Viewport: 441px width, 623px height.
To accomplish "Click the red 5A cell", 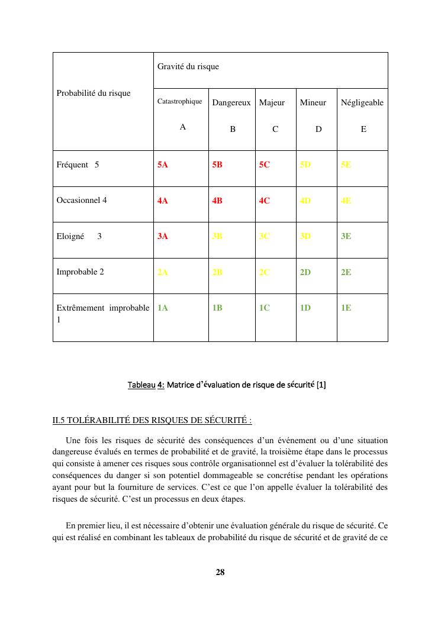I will [163, 165].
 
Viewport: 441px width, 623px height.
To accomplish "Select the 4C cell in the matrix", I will [264, 201].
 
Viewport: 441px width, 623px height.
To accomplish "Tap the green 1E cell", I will [346, 308].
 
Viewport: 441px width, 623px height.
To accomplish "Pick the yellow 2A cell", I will [163, 272].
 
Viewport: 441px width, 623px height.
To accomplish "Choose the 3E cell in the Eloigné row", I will [346, 236].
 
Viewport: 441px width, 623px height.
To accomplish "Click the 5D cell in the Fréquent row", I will [305, 165].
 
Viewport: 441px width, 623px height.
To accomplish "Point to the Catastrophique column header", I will [179, 102].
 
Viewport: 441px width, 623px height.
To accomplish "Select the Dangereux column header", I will [231, 103].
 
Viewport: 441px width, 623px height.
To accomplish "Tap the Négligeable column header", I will [362, 103].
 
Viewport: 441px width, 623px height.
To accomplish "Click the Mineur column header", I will [313, 103].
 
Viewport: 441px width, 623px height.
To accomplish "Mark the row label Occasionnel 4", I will [82, 200].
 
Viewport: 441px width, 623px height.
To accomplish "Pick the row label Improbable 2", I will [80, 272].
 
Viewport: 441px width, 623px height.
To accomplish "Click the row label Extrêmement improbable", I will [102, 308].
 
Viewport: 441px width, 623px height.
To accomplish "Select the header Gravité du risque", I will [188, 67].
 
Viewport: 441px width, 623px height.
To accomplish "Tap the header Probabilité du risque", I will [94, 93].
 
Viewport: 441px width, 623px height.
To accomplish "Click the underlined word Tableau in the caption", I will [141, 385].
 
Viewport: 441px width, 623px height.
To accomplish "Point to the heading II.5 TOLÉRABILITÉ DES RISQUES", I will [152, 421].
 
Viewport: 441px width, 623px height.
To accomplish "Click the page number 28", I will [220, 572].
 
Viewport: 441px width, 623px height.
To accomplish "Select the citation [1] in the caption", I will [321, 385].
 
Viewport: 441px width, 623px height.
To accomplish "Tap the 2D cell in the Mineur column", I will [305, 272].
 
